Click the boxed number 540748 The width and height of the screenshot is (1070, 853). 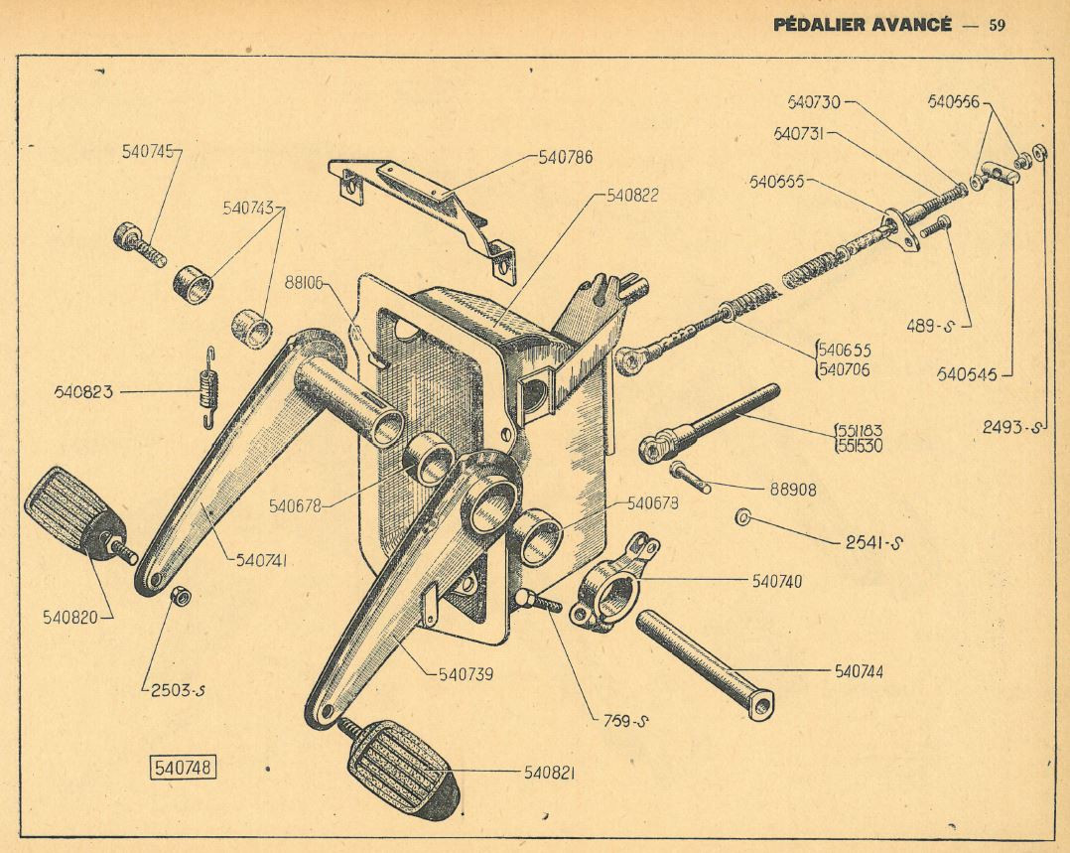tap(183, 767)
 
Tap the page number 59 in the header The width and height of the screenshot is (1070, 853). tap(997, 25)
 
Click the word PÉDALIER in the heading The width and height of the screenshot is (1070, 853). tap(814, 25)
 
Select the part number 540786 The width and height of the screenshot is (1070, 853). tap(566, 158)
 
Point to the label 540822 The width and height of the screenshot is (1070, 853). tap(632, 196)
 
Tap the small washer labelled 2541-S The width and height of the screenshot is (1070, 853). tap(743, 517)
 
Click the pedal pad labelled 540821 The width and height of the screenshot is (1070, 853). tap(404, 768)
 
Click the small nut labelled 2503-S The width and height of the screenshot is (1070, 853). tap(181, 595)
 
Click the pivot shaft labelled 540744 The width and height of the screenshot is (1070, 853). tap(706, 663)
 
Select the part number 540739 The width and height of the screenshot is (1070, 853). tap(466, 674)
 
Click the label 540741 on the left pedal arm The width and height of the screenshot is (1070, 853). tap(261, 561)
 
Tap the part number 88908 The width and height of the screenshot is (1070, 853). tap(793, 490)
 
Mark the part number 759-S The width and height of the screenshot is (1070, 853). tap(624, 720)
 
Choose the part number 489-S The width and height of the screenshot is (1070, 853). tap(929, 327)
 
